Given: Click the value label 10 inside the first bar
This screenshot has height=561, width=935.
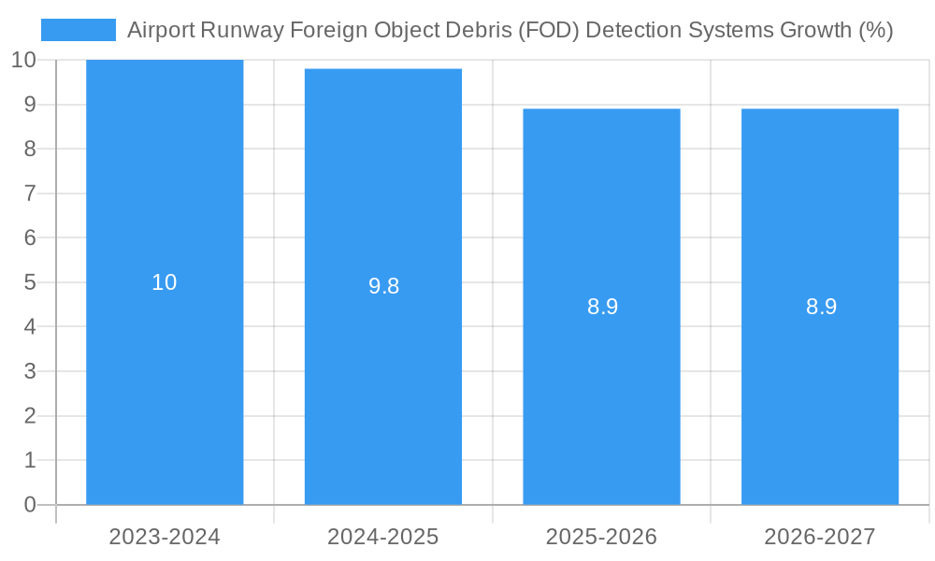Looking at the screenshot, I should (x=165, y=282).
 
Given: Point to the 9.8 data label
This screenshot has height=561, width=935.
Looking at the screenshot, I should (x=383, y=287).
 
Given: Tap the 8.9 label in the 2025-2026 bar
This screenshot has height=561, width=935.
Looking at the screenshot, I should (x=602, y=307).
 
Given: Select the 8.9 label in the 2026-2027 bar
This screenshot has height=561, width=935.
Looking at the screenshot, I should (x=821, y=307).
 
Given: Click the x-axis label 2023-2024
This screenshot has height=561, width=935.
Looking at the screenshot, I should (x=165, y=537).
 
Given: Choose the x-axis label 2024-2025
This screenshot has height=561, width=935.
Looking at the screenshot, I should (x=383, y=537).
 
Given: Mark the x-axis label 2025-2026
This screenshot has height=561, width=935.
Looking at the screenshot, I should (x=601, y=537).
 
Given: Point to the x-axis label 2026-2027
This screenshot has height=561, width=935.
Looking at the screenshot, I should (x=820, y=537).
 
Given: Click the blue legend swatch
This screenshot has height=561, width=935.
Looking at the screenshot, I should (x=79, y=30).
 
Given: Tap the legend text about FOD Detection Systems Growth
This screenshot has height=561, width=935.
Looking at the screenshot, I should (x=510, y=30).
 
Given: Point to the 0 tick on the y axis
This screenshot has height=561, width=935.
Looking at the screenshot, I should (x=29, y=505).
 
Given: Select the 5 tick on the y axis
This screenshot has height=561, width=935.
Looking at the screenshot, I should (x=29, y=282).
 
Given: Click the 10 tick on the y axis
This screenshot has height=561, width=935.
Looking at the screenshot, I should (x=23, y=60).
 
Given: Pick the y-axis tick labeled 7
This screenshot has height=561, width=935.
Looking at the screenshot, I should (x=29, y=194).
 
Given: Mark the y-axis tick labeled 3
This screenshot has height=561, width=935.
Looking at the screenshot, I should (x=29, y=371).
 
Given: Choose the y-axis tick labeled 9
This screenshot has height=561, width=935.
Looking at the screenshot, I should (x=29, y=105).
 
